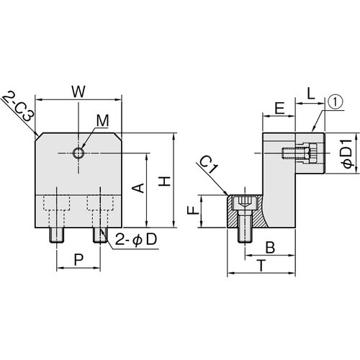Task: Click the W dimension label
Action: click(78, 91)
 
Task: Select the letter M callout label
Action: click(103, 120)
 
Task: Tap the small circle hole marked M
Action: click(78, 153)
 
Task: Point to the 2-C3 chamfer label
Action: click(19, 107)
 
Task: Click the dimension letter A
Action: click(139, 188)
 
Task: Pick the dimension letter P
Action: click(78, 260)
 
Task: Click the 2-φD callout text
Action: click(136, 240)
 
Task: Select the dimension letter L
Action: click(311, 94)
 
